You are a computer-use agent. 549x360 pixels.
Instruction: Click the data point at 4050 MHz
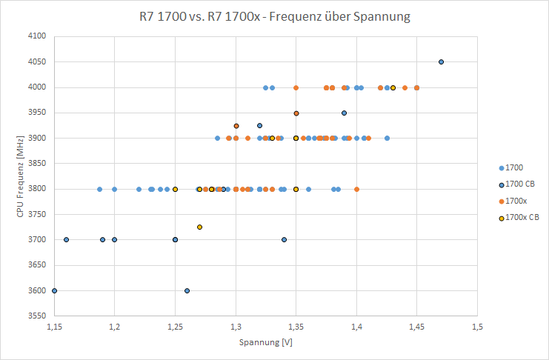click(x=441, y=62)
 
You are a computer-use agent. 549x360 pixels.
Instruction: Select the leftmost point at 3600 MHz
click(x=54, y=290)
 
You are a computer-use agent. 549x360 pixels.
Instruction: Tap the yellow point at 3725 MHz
click(x=199, y=227)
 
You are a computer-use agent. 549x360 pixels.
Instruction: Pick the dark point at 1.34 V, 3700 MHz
click(x=284, y=239)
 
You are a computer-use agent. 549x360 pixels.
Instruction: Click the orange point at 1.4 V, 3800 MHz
click(x=356, y=189)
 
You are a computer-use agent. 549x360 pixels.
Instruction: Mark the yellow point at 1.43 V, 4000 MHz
click(x=393, y=87)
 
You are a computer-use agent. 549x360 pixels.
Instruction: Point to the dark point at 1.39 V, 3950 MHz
click(x=344, y=113)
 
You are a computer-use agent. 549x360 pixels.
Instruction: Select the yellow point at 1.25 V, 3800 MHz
click(x=175, y=189)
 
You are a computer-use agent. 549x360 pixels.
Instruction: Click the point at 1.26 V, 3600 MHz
click(x=187, y=290)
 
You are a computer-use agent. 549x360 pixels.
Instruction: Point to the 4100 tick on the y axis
click(x=36, y=36)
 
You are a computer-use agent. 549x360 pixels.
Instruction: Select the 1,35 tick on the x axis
click(x=296, y=326)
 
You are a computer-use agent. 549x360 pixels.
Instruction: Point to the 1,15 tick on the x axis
click(x=54, y=326)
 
